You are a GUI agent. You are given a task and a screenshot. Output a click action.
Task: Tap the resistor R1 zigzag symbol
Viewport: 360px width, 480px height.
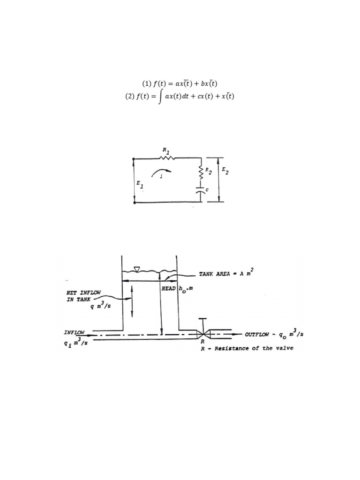pos(167,158)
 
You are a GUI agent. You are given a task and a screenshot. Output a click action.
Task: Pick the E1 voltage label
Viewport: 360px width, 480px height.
pos(140,185)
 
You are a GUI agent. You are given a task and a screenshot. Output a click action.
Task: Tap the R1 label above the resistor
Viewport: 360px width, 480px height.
pos(165,150)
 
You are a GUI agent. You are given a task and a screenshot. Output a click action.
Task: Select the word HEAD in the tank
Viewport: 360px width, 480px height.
pos(168,289)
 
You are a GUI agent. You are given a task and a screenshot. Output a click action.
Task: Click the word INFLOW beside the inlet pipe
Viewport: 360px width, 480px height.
pos(75,332)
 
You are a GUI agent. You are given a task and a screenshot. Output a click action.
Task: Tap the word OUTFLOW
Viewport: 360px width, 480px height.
pos(259,335)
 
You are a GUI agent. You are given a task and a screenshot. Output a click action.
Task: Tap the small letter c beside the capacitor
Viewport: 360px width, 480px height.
pos(207,189)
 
